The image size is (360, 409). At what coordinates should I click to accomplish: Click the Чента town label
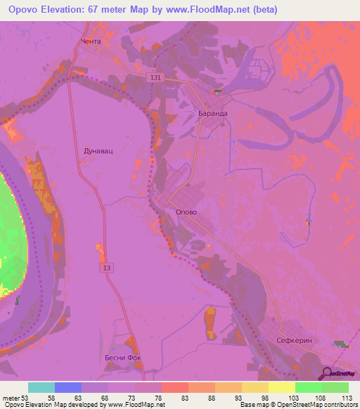[x=91, y=41]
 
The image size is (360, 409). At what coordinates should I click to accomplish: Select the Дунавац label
[x=94, y=150]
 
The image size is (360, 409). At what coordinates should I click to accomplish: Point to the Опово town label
[x=186, y=212]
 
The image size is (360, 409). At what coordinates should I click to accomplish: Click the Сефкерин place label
[x=294, y=341]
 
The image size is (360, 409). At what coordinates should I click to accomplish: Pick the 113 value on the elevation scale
[x=347, y=397]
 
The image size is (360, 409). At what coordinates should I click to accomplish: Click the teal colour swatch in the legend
[x=41, y=387]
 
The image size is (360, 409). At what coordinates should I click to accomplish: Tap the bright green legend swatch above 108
[x=309, y=387]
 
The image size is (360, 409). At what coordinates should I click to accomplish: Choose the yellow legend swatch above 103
[x=282, y=387]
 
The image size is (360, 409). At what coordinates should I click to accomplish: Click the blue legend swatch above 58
[x=68, y=387]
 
